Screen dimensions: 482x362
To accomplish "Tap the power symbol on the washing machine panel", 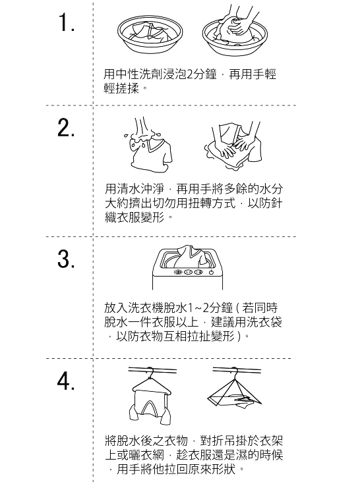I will point(211,272).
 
